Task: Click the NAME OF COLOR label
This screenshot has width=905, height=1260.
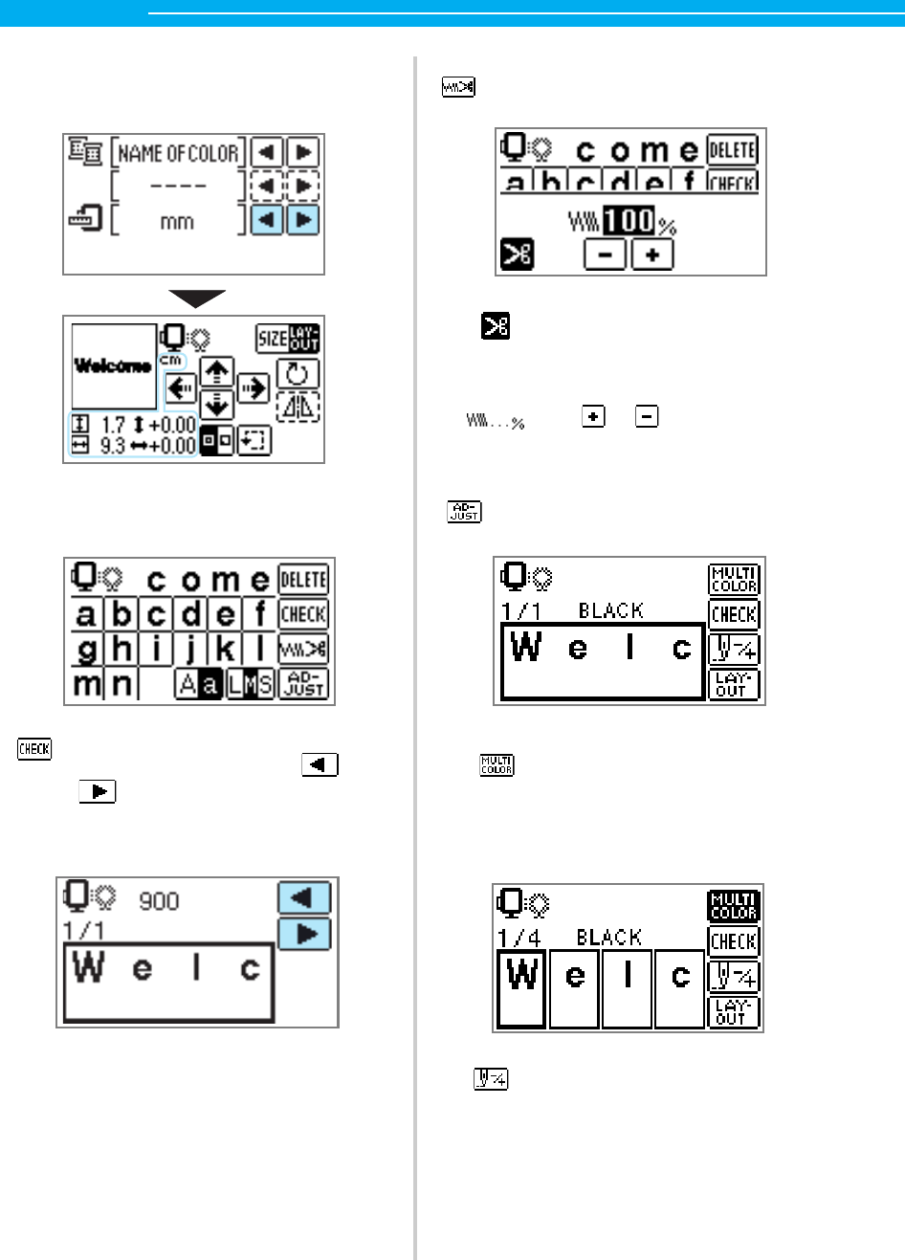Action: (x=178, y=153)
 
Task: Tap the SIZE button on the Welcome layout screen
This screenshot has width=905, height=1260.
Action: (x=272, y=338)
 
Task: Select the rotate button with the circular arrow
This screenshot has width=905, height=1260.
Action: (x=298, y=374)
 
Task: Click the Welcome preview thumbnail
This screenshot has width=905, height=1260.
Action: (x=114, y=365)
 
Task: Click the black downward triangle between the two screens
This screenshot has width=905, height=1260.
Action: (x=197, y=298)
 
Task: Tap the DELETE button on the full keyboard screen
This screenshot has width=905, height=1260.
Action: (x=303, y=580)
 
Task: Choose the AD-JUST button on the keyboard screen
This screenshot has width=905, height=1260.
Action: (x=303, y=683)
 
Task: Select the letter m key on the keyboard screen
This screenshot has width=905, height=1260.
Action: (x=86, y=683)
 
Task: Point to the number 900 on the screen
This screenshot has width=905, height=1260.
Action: (x=159, y=901)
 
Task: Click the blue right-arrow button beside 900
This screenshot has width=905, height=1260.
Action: (x=305, y=933)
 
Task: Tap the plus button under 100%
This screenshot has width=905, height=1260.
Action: (x=652, y=254)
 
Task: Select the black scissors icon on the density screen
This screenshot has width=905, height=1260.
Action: (x=518, y=254)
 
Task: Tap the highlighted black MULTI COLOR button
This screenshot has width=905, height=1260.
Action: (x=734, y=905)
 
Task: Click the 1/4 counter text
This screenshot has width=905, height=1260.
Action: (x=519, y=939)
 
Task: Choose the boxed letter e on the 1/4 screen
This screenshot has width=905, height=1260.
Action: (x=575, y=987)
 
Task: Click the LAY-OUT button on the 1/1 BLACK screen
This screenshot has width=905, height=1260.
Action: (x=734, y=684)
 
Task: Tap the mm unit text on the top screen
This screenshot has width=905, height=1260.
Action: (x=177, y=222)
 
